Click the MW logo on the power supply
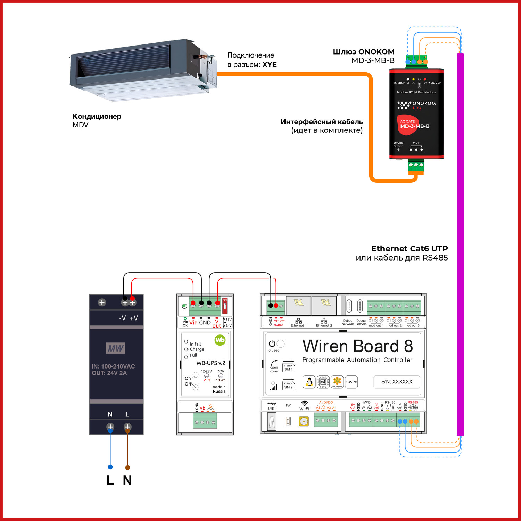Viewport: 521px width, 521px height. click(115, 348)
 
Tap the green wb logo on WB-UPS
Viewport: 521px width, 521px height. click(220, 340)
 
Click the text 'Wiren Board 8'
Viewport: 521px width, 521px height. click(357, 346)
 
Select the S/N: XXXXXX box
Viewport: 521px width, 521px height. click(397, 382)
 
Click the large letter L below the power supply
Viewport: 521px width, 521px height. click(110, 480)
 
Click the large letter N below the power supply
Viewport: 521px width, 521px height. click(127, 480)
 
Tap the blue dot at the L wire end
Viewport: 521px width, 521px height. click(110, 467)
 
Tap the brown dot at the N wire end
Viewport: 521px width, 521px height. click(127, 468)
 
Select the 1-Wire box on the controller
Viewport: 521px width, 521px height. click(351, 382)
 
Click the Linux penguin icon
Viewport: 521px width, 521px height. click(309, 382)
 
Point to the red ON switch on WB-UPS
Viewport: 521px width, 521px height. click(225, 306)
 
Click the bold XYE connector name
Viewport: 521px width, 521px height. click(270, 65)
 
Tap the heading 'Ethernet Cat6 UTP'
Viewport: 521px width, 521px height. click(410, 249)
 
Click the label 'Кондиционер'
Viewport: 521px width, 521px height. click(97, 116)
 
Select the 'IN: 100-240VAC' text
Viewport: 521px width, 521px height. click(113, 366)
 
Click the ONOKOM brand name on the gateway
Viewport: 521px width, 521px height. click(424, 103)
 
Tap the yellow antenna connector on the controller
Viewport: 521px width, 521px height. click(304, 422)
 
